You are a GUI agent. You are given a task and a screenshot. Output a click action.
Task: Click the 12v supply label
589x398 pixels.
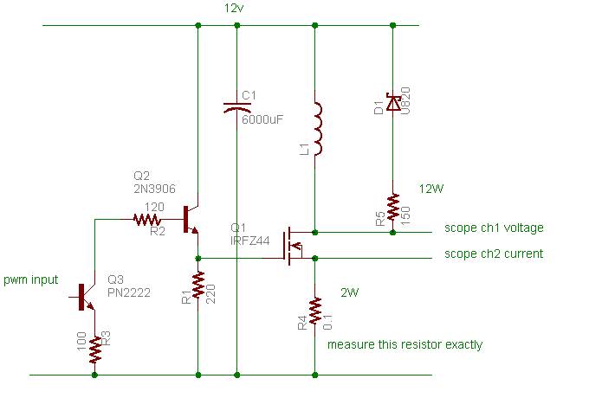click(234, 8)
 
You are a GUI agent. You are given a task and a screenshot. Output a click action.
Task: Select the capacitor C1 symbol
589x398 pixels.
click(237, 108)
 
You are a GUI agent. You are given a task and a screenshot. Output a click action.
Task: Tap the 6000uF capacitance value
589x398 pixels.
click(262, 119)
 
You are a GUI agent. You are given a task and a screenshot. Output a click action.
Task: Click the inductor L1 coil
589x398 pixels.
click(317, 128)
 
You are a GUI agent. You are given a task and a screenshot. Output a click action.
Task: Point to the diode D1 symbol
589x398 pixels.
click(393, 103)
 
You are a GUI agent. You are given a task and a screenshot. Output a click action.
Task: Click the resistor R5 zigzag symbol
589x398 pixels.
click(393, 207)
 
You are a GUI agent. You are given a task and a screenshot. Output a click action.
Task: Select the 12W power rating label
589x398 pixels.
click(431, 189)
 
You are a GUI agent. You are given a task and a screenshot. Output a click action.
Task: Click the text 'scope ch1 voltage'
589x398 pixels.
click(494, 228)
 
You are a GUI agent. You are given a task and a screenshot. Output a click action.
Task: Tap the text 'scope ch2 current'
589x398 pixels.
click(494, 254)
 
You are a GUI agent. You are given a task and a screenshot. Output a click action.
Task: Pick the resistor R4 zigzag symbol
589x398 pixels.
click(315, 311)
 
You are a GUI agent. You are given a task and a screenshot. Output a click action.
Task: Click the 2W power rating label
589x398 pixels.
click(349, 292)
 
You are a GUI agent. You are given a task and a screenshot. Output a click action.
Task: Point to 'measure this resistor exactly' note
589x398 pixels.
click(405, 344)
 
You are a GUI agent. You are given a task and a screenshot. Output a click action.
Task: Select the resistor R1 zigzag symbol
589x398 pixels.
click(198, 285)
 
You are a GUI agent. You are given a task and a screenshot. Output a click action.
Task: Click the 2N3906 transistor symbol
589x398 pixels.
click(190, 220)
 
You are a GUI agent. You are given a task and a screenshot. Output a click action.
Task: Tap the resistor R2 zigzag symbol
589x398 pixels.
click(147, 220)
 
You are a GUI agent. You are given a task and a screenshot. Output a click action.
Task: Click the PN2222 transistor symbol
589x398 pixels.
click(85, 297)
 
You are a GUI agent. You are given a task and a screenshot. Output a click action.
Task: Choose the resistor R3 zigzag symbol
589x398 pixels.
click(95, 350)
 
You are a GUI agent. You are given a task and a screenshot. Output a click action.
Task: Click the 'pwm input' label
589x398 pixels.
click(31, 279)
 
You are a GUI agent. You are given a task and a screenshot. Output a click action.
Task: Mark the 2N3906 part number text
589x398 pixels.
click(154, 189)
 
